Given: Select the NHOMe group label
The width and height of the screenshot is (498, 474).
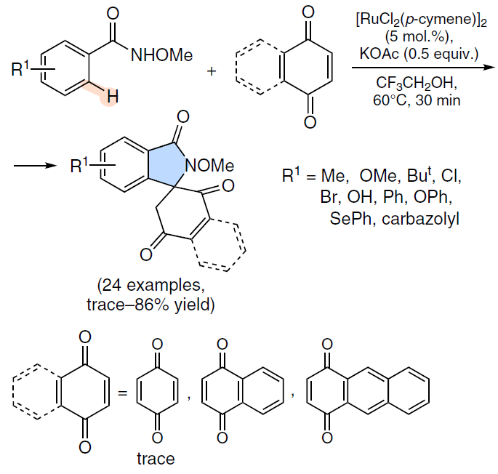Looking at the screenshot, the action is pos(161,55).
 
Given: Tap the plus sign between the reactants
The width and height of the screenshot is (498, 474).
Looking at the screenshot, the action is pos(212,71).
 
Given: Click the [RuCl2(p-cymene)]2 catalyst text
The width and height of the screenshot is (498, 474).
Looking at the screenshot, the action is pos(422,20).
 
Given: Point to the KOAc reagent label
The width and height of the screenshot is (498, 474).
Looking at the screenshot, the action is pos(379,53).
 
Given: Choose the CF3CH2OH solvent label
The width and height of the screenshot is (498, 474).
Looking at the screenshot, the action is pos(417,83).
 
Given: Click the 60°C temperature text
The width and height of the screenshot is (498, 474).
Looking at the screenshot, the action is pos(390,100).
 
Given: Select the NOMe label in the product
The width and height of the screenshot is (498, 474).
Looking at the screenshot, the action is pos(209,166).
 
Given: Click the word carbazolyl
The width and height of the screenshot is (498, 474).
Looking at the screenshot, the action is pos(420,219).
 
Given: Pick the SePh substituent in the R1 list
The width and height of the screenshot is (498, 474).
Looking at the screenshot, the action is pos(350,219).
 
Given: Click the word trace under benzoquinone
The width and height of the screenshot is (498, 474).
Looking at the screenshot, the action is pos(156,459).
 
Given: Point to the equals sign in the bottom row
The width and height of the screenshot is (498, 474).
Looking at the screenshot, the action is pos(123,393).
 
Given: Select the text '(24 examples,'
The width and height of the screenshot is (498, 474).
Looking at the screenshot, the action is pos(151,285).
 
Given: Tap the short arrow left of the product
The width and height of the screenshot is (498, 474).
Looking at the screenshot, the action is pos(35,166).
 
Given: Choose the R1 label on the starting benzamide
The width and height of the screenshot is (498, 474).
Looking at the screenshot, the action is pos(20,69).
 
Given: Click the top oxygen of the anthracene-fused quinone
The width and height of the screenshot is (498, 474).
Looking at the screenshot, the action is pos(327,344).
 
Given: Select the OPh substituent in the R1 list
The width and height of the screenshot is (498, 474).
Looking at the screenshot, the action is pos(433,197).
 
